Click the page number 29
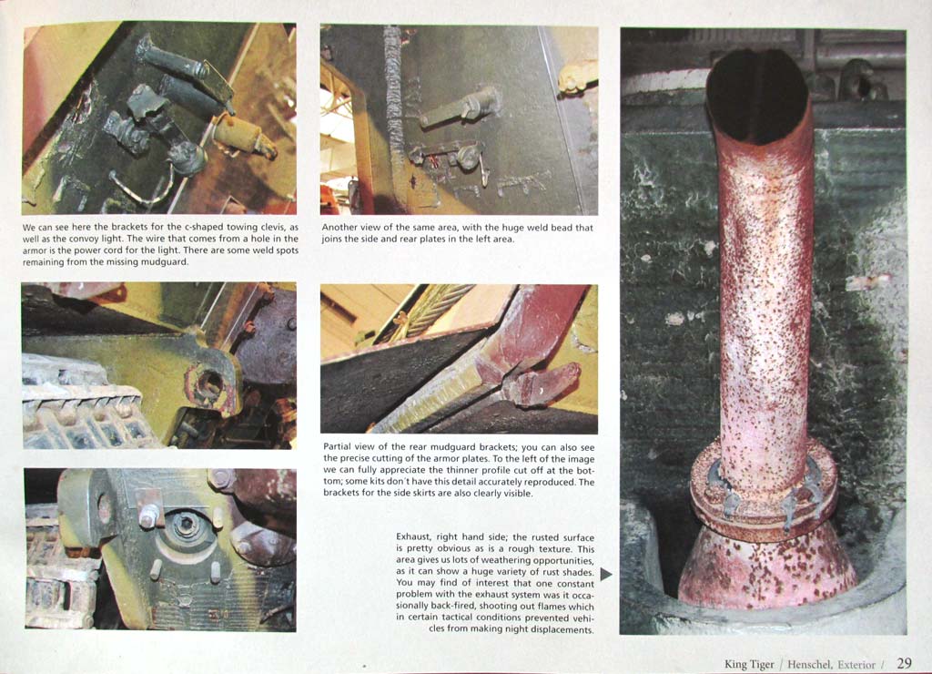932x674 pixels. tap(904, 663)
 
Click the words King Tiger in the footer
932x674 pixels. tap(749, 665)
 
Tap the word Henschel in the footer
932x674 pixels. tap(809, 665)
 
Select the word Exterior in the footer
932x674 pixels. tap(856, 665)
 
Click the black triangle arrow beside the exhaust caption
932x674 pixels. tap(606, 574)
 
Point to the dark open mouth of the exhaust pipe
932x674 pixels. tap(757, 96)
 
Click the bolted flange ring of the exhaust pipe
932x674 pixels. tap(764, 491)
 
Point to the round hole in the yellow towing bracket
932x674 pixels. tap(208, 380)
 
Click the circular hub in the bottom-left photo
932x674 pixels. tap(186, 526)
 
